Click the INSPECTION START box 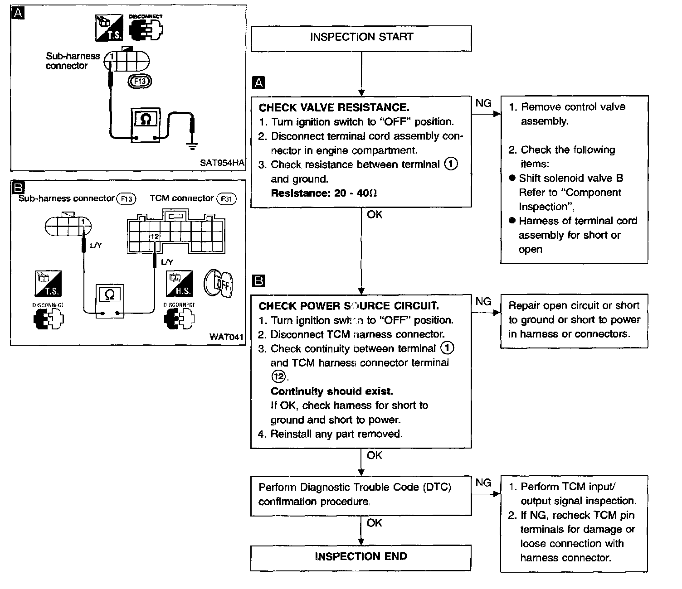361,39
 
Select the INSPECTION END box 360,558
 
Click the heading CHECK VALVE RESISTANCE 334,107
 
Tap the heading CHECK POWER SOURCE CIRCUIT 349,306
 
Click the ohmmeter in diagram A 146,125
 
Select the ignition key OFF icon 218,284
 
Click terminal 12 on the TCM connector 155,237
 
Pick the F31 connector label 226,199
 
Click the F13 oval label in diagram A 140,82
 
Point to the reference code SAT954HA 222,163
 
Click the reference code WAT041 226,337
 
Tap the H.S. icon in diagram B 180,284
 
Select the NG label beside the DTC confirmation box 483,483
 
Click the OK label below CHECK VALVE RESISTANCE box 375,215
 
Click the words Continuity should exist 331,391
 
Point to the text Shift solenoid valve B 571,178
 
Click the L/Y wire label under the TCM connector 167,262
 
